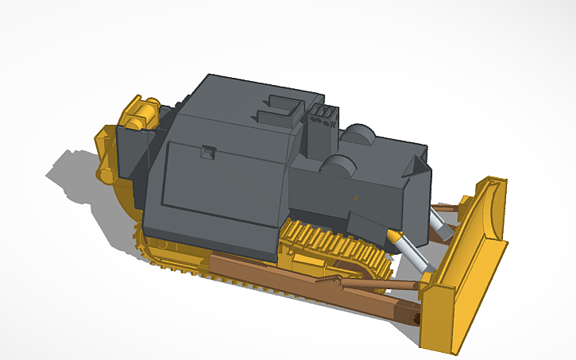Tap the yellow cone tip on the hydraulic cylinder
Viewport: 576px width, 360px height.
coord(394,237)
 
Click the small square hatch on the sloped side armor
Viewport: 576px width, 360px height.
coord(208,152)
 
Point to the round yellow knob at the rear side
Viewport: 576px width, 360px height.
coord(104,172)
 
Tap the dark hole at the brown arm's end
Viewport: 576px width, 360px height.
coord(415,317)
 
